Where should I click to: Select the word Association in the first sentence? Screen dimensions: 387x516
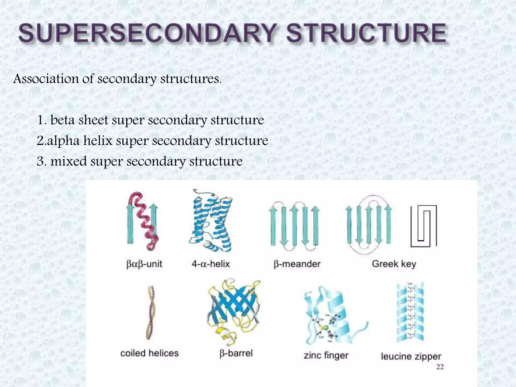[x=46, y=79]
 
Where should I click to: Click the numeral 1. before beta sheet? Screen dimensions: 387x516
[x=42, y=120]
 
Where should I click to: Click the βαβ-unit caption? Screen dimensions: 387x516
[x=144, y=264]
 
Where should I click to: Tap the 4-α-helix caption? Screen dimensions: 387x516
[x=211, y=264]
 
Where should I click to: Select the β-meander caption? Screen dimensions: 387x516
[x=297, y=264]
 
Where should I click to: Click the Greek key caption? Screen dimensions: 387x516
[x=394, y=264]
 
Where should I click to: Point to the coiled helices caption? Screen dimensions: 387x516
[x=149, y=353]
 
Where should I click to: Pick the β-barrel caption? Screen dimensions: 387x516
[x=236, y=353]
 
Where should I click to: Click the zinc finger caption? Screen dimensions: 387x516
[x=326, y=356]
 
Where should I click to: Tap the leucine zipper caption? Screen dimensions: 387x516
[x=411, y=357]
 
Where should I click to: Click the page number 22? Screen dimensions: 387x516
[x=440, y=367]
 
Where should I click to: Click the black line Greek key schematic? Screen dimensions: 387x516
[x=424, y=226]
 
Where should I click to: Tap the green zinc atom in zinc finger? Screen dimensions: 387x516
[x=326, y=328]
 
